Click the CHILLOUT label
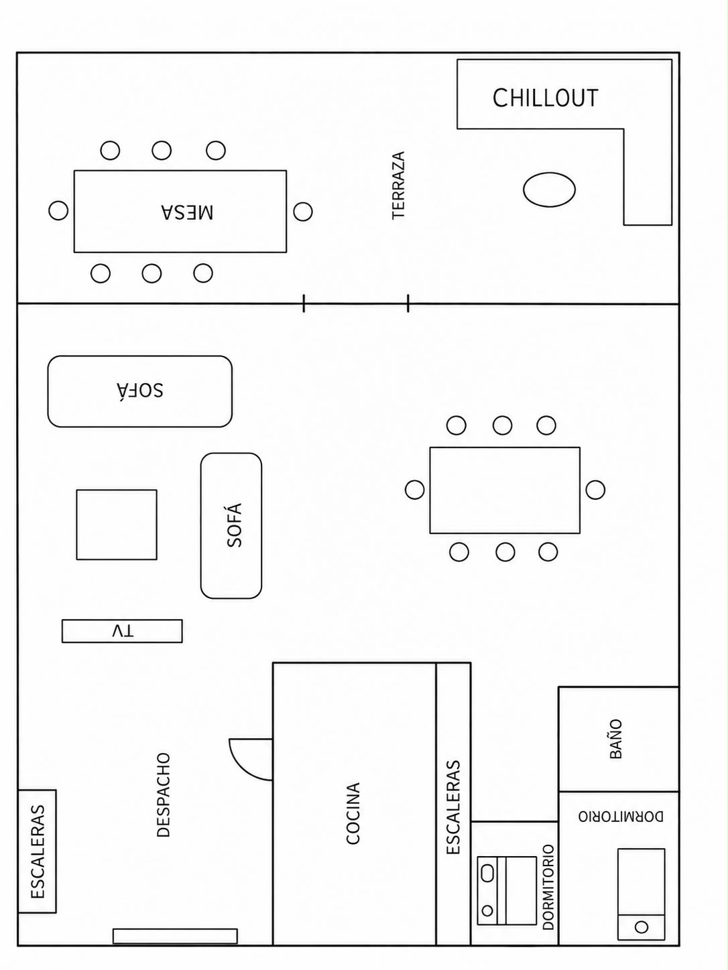point(546,98)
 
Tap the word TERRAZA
point(399,185)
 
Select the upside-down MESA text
point(187,212)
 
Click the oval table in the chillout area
point(550,190)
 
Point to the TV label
point(123,631)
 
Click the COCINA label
point(353,813)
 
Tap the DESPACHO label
point(164,795)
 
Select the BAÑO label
point(616,739)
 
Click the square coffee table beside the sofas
point(117,525)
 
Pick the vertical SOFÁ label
point(235,525)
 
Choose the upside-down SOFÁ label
point(140,390)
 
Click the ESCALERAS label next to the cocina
point(454,807)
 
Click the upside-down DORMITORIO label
point(621,817)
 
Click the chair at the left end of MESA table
point(58,210)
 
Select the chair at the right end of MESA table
point(303,211)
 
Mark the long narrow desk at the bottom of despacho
point(175,937)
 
